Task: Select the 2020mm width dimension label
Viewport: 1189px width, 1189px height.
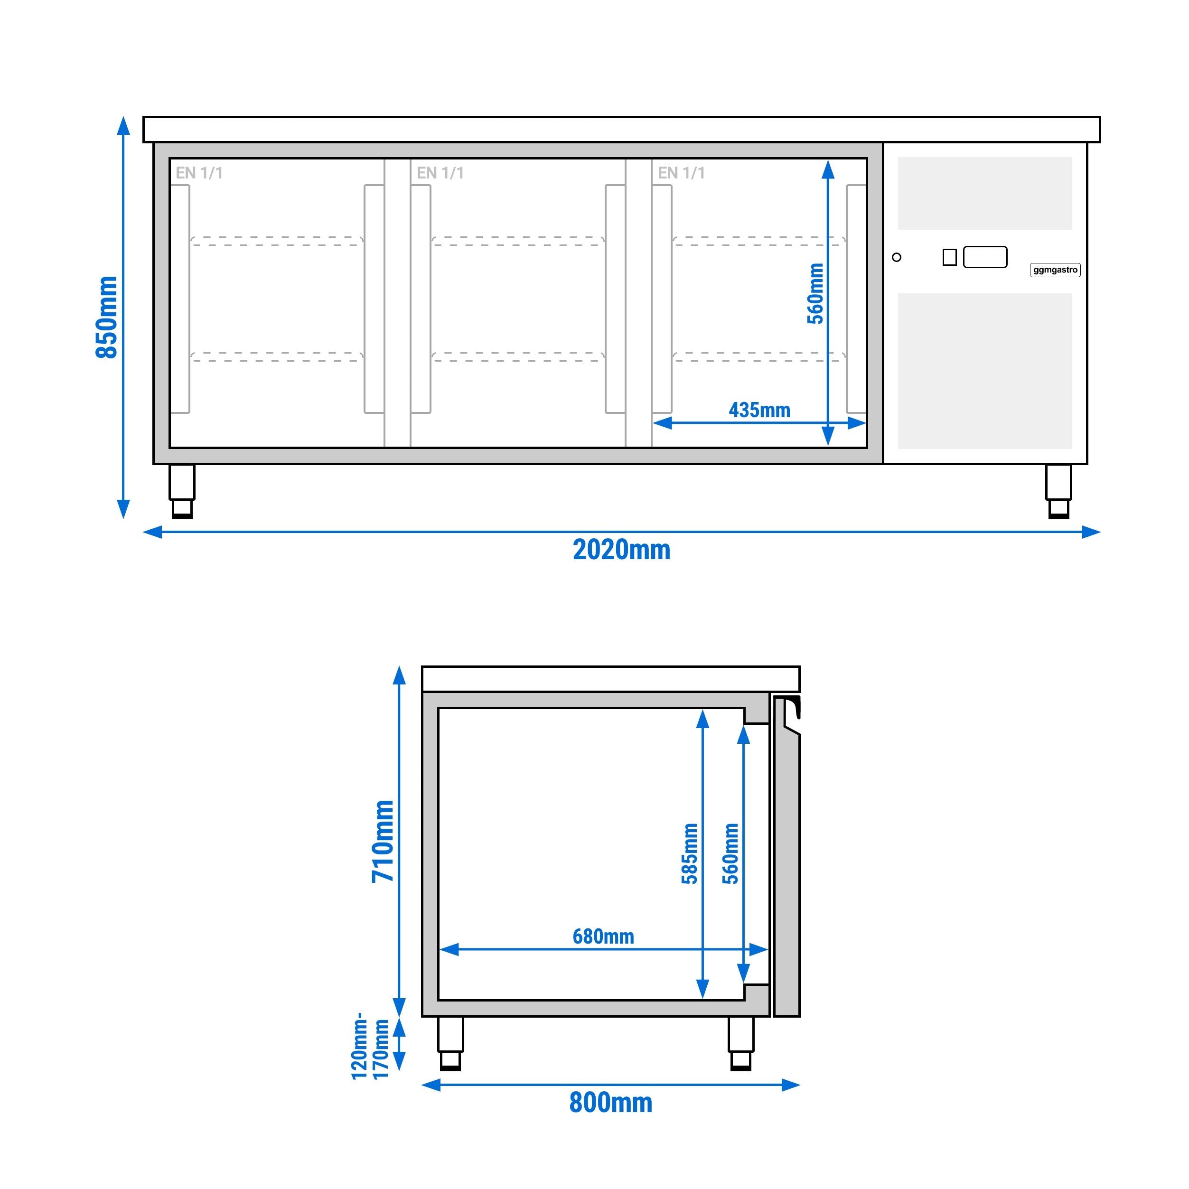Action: (x=622, y=550)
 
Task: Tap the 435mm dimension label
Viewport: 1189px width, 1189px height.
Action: (x=759, y=410)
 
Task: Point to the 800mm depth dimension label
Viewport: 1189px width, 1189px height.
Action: (x=610, y=1102)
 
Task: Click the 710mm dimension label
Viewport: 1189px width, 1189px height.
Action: (x=382, y=841)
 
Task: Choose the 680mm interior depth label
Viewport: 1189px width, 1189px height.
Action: (x=603, y=936)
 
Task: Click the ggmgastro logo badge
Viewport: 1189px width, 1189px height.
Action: (x=1055, y=270)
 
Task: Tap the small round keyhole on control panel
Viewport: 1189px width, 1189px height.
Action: (x=897, y=257)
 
